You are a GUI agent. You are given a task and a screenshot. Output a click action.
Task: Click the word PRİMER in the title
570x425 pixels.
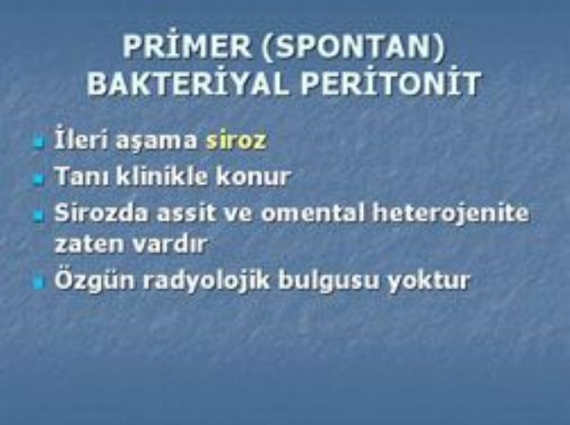coord(187,46)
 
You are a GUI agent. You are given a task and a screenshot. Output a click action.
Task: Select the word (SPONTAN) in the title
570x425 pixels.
coord(353,46)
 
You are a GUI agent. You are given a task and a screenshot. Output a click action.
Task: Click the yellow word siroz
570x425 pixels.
coord(237,140)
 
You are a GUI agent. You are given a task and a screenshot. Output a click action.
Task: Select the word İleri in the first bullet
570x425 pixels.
coord(82,138)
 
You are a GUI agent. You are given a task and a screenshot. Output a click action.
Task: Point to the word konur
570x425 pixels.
coord(254,177)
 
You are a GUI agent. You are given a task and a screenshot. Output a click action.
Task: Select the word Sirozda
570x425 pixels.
coord(102,212)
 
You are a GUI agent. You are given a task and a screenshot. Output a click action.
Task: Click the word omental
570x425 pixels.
coord(313,213)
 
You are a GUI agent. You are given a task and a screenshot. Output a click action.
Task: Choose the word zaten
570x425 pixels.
coord(88,244)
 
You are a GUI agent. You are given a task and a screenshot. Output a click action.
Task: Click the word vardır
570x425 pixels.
coord(169,244)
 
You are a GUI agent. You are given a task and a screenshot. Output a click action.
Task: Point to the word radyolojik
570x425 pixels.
coord(206,281)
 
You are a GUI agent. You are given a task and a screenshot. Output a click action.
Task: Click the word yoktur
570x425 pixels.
coord(428,281)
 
